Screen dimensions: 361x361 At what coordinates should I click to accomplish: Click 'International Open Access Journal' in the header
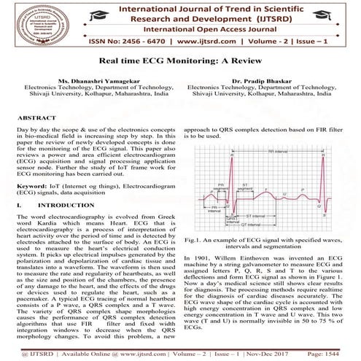click(181, 28)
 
